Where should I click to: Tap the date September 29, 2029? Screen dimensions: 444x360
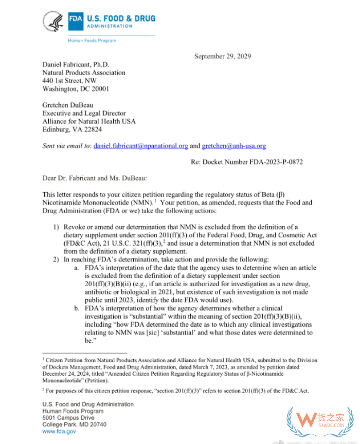tap(223, 56)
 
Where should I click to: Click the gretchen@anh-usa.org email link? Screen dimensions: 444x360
tap(234, 146)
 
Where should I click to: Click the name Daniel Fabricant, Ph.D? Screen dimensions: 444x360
tap(76, 65)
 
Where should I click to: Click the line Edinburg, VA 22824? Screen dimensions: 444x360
tap(72, 129)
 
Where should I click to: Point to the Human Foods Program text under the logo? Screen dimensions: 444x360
tap(92, 41)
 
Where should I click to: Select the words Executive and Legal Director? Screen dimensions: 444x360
tap(84, 114)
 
